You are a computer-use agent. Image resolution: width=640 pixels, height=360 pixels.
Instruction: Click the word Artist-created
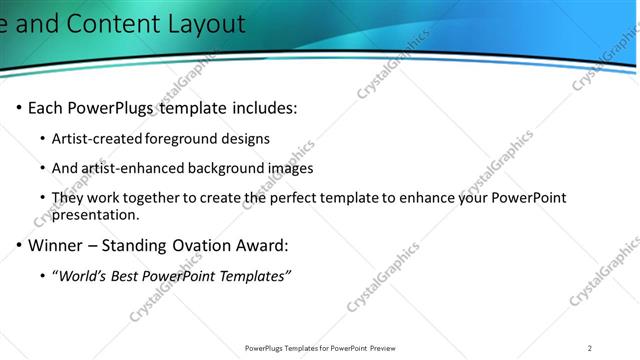(x=98, y=138)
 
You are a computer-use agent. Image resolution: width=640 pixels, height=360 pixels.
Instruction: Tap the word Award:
(x=263, y=245)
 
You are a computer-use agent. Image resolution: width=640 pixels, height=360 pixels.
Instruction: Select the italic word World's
(x=83, y=276)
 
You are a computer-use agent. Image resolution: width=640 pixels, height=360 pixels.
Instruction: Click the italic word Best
(x=129, y=276)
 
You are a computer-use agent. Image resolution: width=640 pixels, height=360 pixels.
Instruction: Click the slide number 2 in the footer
(x=590, y=348)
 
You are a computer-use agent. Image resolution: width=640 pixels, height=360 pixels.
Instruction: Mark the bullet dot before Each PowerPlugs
(x=18, y=108)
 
